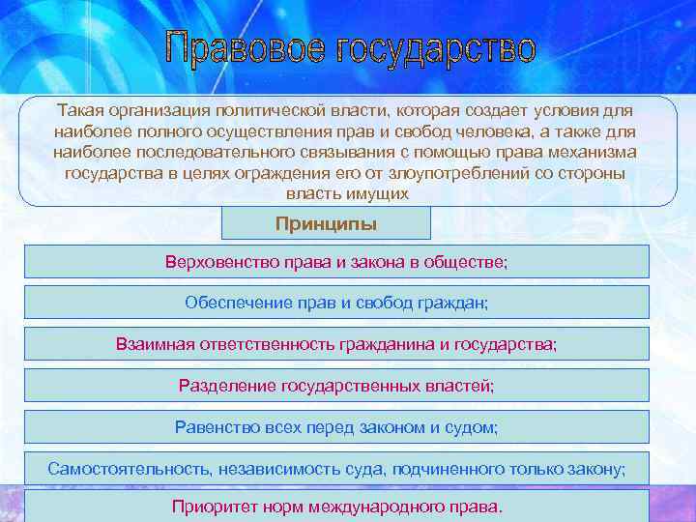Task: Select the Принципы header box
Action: click(326, 224)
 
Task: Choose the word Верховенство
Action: click(217, 261)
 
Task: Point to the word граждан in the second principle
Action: click(454, 303)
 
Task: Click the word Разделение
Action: click(227, 385)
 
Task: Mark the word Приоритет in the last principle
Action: click(212, 507)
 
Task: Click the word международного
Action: click(374, 507)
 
